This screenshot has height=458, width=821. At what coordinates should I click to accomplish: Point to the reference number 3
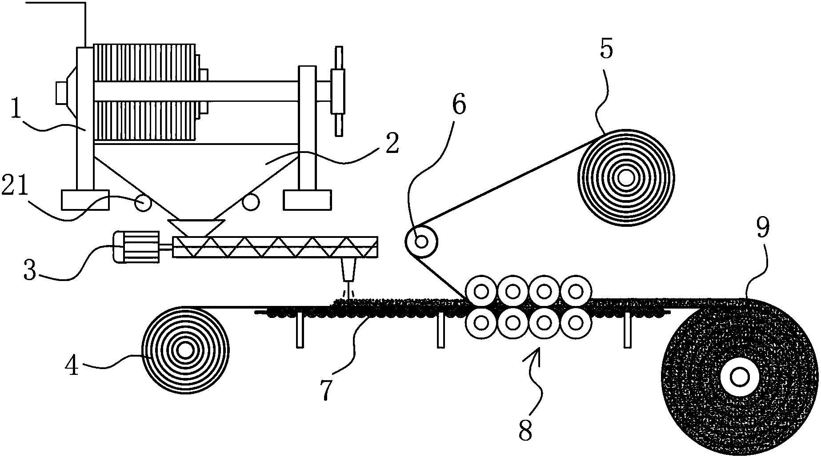tap(30, 270)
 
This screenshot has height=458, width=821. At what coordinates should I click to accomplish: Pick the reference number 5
tap(606, 50)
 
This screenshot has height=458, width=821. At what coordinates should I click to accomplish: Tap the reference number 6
tap(459, 105)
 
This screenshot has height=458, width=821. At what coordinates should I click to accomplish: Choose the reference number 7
tap(326, 389)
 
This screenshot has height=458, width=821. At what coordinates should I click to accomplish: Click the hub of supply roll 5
tap(626, 178)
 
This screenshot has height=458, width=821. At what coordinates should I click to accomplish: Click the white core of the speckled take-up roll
tap(739, 378)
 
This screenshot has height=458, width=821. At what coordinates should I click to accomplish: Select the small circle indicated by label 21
tap(143, 204)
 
